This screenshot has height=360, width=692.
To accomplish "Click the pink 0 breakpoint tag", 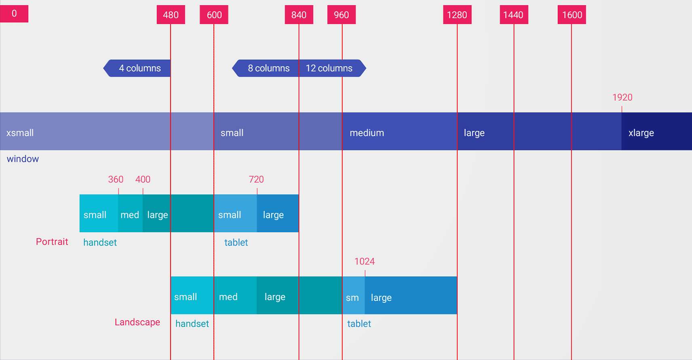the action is coord(14,14).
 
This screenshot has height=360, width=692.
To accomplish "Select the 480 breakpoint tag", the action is coord(171,15).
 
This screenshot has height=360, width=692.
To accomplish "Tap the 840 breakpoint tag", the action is coord(299,15).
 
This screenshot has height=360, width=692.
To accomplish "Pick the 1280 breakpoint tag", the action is coord(457,15).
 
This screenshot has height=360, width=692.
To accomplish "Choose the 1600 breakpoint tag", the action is coord(572,15).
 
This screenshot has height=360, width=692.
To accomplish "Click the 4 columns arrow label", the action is coord(137,68).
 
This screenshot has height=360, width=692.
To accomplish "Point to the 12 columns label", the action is coord(329,68).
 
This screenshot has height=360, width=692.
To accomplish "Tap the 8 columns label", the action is coord(268,68).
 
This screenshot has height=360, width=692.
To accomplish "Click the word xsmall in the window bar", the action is coord(20,133).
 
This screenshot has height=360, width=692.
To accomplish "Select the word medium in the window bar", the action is coord(367,133).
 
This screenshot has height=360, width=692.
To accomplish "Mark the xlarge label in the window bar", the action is coord(641,133).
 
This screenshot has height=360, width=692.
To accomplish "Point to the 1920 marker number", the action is coord(622,97).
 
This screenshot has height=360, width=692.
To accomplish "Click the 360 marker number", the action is coord(116,179).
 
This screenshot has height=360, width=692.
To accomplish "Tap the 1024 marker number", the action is coord(365,262).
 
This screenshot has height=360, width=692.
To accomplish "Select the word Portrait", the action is coord(52,241).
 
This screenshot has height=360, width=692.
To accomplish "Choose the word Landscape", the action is coord(137,322).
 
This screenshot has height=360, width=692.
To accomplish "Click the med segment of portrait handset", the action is coord(130,214).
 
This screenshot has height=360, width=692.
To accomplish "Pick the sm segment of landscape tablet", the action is coord(353,295).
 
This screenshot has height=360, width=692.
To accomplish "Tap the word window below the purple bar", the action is coord(23,159).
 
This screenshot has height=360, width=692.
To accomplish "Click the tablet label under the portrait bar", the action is coord(236,242).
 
